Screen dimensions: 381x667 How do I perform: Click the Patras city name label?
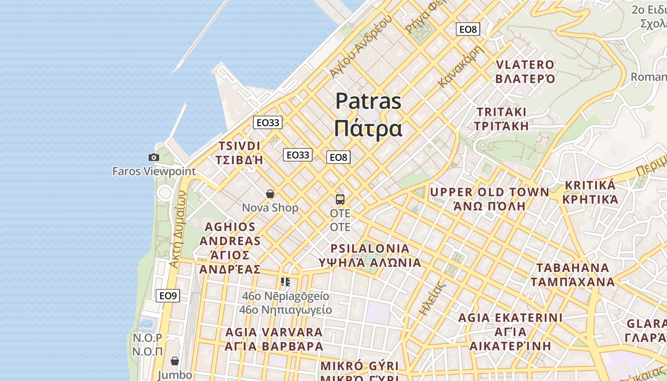pyautogui.click(x=368, y=114)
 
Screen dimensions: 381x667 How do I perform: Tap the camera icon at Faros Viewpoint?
pyautogui.click(x=153, y=157)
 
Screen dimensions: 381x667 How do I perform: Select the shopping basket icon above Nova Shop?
pyautogui.click(x=270, y=194)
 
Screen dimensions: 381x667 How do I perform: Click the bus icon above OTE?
pyautogui.click(x=340, y=199)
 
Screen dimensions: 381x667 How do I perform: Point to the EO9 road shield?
pyautogui.click(x=168, y=296)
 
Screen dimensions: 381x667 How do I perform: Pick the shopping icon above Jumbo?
pyautogui.click(x=175, y=361)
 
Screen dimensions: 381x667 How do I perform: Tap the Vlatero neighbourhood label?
pyautogui.click(x=525, y=71)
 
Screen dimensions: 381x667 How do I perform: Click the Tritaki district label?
pyautogui.click(x=502, y=119)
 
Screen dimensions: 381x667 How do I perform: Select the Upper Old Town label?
pyautogui.click(x=489, y=199)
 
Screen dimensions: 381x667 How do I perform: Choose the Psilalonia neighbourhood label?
pyautogui.click(x=370, y=255)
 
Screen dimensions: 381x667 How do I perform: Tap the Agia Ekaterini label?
pyautogui.click(x=510, y=331)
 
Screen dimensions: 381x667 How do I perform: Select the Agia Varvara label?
pyautogui.click(x=274, y=339)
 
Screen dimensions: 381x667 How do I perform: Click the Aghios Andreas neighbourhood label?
pyautogui.click(x=230, y=248)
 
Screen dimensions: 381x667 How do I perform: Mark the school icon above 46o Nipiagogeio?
pyautogui.click(x=285, y=282)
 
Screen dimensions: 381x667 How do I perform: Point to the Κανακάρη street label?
pyautogui.click(x=460, y=66)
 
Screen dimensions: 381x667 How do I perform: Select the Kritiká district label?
pyautogui.click(x=590, y=192)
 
